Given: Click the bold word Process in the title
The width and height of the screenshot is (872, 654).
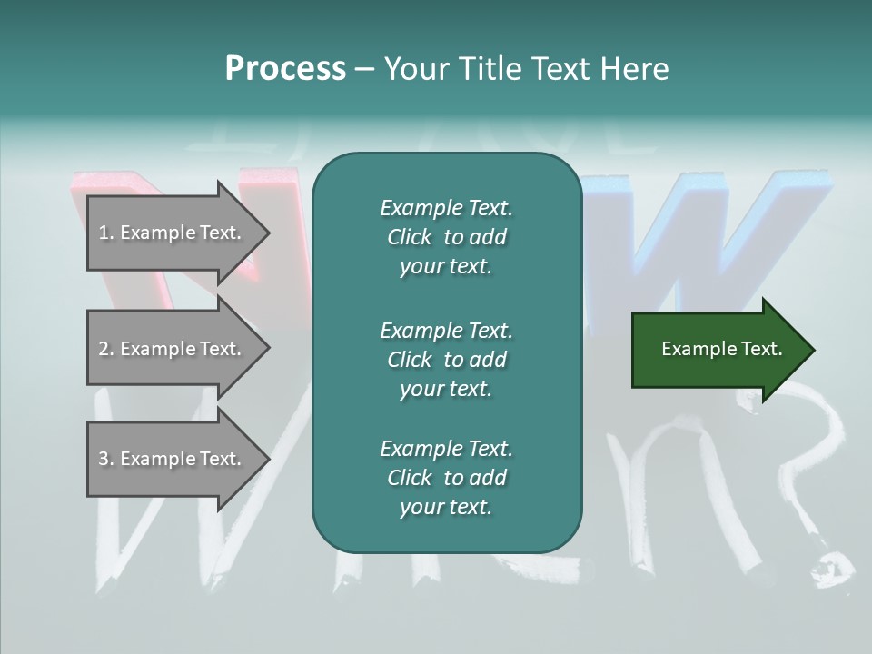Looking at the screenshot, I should (285, 69).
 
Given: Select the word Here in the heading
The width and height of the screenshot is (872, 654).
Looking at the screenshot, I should (634, 69).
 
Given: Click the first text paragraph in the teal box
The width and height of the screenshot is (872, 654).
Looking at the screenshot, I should (446, 237).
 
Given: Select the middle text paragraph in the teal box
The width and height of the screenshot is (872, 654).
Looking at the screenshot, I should (446, 359).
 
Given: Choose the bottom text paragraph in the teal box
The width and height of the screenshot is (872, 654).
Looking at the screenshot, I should (446, 478).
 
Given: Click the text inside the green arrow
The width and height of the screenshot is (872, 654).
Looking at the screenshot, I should (721, 349).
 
